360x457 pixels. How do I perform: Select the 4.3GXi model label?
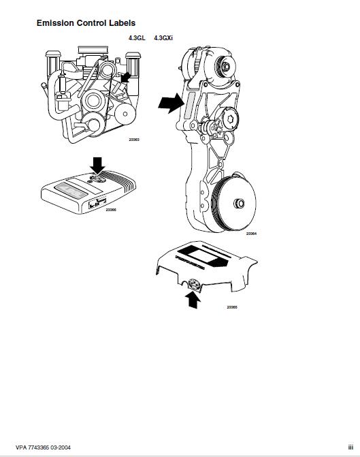165,38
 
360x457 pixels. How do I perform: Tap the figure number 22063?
134,140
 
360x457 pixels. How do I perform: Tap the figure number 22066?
111,210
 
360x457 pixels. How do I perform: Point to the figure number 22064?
251,234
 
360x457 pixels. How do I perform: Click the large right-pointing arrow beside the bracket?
170,104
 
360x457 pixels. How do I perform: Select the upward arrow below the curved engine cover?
193,298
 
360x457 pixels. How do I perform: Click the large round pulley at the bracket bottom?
234,202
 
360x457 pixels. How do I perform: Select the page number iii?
349,447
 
